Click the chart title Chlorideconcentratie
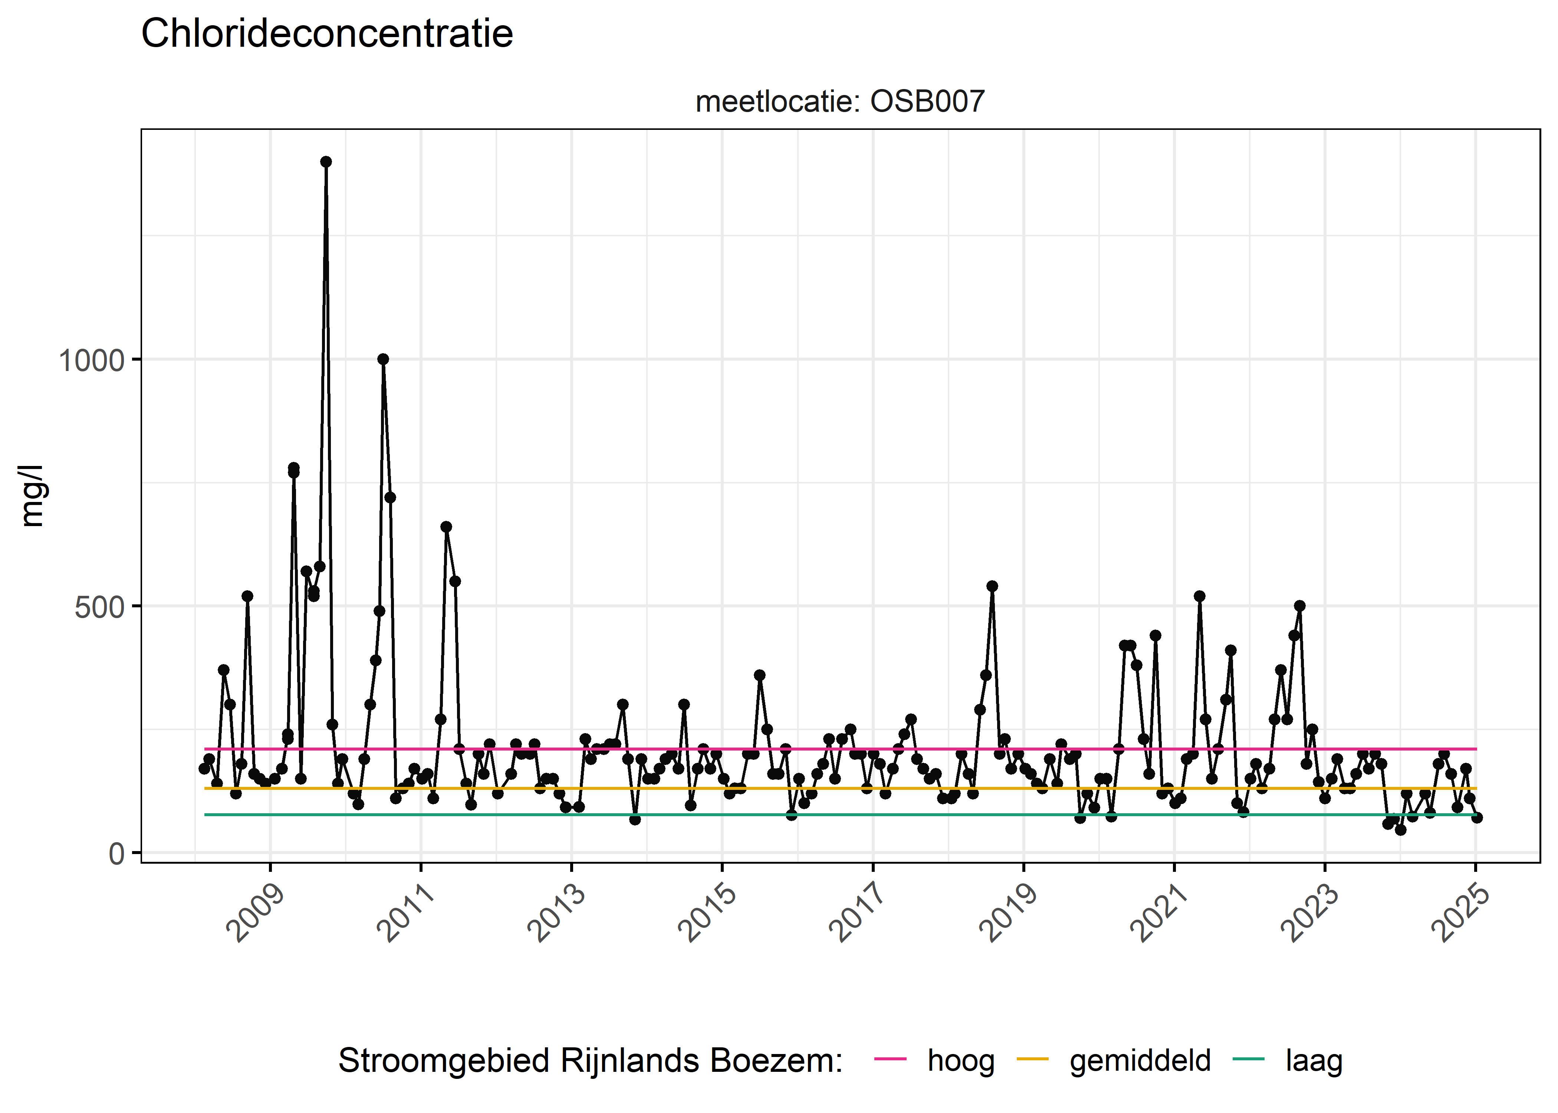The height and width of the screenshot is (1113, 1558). pyautogui.click(x=327, y=34)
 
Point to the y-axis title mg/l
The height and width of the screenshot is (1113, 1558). pyautogui.click(x=32, y=496)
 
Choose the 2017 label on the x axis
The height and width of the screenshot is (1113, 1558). pyautogui.click(x=857, y=913)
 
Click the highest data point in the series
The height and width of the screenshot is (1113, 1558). pyautogui.click(x=326, y=162)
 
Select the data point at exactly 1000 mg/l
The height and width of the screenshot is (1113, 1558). pyautogui.click(x=383, y=359)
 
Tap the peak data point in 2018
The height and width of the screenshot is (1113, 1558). pyautogui.click(x=992, y=586)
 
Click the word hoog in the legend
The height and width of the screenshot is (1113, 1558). pyautogui.click(x=960, y=1061)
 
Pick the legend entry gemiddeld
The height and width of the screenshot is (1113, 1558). pyautogui.click(x=1140, y=1061)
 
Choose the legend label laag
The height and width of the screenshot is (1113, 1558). pyautogui.click(x=1314, y=1061)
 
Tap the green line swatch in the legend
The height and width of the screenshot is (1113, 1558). pyautogui.click(x=1248, y=1060)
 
